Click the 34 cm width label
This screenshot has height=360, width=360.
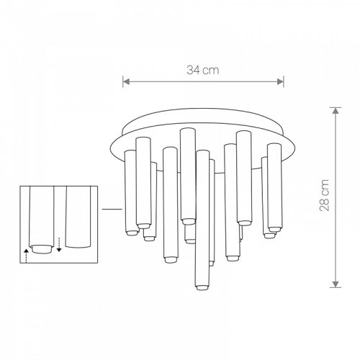203,70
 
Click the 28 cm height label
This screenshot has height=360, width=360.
324,195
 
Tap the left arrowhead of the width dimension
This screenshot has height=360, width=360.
126,81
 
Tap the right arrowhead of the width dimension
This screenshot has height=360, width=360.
280,81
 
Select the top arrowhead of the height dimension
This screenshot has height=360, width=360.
336,111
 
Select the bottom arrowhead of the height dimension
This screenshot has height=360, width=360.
336,284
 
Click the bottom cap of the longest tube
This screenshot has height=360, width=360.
202,287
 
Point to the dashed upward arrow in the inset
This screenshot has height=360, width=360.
26,256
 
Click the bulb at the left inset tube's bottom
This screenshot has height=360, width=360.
41,249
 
